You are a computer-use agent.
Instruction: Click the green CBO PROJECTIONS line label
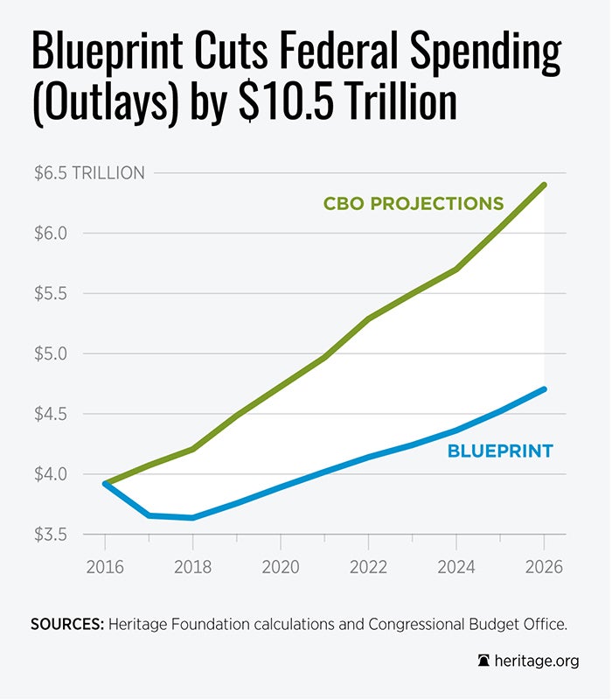coord(414,204)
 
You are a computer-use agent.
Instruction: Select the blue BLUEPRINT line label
coord(499,452)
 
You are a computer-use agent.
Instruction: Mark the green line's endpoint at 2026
coord(544,185)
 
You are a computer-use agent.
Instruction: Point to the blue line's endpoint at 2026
coord(544,389)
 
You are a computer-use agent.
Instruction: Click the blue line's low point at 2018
coord(192,518)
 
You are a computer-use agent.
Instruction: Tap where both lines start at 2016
coord(105,483)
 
